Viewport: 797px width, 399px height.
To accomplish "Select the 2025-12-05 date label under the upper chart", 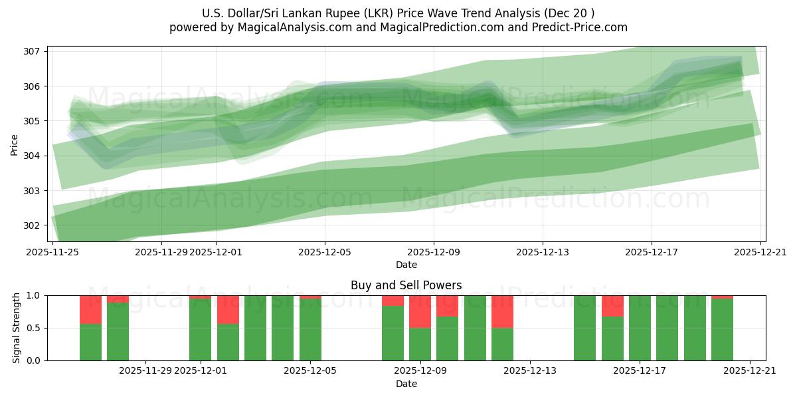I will tap(325, 252).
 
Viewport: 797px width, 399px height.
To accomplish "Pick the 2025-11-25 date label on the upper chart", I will tap(52, 252).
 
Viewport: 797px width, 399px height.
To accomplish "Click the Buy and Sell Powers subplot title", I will tap(406, 285).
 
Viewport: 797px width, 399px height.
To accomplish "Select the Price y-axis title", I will tap(15, 144).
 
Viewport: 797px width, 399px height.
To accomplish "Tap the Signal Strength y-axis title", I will tap(16, 328).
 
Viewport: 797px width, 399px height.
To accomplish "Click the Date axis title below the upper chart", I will tap(406, 265).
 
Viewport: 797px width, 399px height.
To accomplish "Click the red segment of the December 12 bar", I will tap(502, 311).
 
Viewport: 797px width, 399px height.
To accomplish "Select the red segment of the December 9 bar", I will tap(420, 311).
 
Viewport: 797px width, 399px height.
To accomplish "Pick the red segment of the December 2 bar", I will tap(228, 309).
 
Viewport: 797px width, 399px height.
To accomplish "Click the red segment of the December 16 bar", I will tap(612, 305).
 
